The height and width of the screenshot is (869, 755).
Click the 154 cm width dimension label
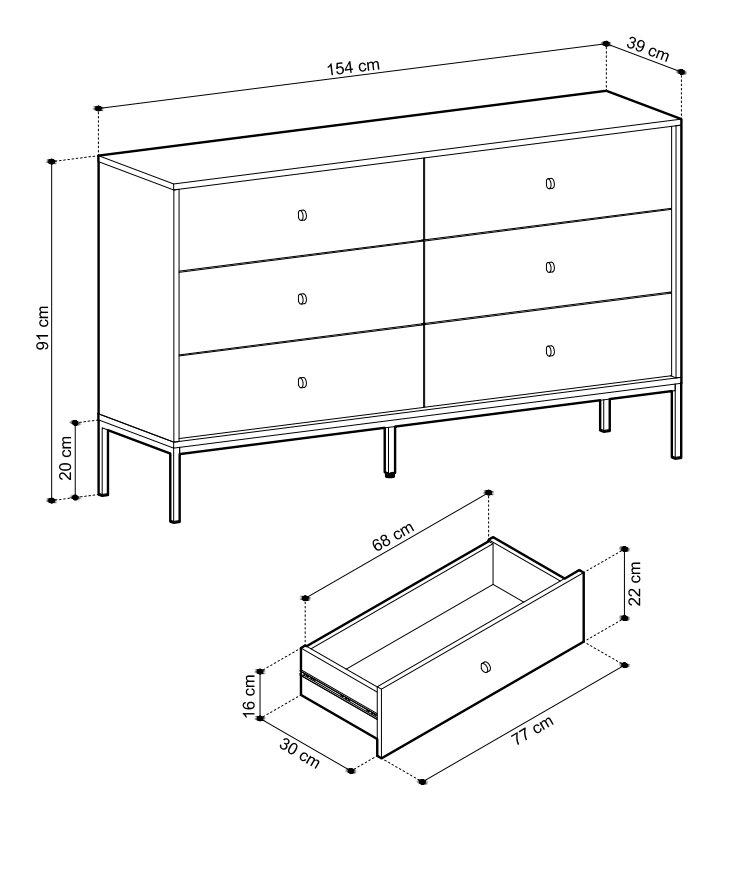click(x=353, y=67)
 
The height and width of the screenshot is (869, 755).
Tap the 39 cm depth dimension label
click(x=648, y=49)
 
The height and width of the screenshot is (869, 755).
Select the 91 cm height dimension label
click(x=43, y=328)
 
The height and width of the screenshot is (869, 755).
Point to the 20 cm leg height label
click(x=65, y=458)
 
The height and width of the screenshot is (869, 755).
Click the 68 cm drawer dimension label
click(x=393, y=536)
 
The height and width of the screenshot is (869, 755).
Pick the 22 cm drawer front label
click(x=635, y=584)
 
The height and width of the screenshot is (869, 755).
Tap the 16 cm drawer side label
click(x=249, y=696)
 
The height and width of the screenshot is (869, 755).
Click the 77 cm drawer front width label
click(x=532, y=730)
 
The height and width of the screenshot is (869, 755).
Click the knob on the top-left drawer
click(x=302, y=215)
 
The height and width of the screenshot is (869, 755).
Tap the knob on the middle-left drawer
click(x=302, y=299)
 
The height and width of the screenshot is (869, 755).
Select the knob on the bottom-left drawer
click(x=302, y=382)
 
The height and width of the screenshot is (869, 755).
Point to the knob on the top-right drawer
click(x=550, y=183)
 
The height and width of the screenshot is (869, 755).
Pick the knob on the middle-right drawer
click(x=550, y=267)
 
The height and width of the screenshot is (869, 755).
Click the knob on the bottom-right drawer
click(x=550, y=351)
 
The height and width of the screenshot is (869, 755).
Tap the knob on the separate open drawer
click(x=486, y=666)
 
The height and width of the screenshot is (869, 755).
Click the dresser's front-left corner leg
click(x=175, y=484)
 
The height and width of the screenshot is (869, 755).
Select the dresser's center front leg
click(x=390, y=452)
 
